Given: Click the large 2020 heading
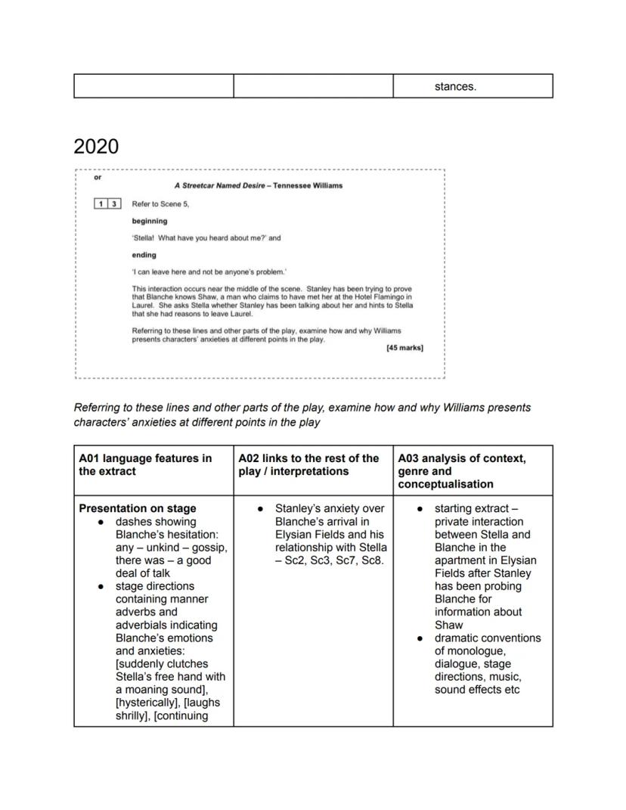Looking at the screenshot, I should (96, 146).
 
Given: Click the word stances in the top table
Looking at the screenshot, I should (455, 86).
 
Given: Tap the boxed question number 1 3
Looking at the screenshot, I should (107, 203).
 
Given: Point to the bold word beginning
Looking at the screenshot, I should (150, 221).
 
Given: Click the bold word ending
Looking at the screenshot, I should (144, 255).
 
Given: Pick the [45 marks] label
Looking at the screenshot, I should (404, 348).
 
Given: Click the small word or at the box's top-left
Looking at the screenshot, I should (97, 178).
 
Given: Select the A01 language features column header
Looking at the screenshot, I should (145, 464).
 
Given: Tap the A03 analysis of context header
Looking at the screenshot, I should (462, 470).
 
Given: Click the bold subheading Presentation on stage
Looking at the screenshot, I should (138, 508).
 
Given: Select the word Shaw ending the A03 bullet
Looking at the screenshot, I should (448, 625).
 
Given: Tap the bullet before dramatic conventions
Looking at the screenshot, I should (420, 638).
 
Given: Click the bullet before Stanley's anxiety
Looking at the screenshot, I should (260, 509).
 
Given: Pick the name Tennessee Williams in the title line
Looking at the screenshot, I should (308, 185).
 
